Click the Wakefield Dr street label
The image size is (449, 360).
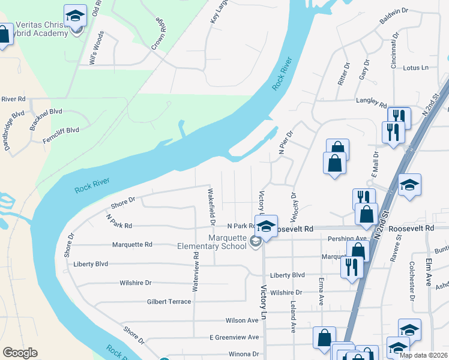(x=211, y=205)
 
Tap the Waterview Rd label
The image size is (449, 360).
(x=195, y=272)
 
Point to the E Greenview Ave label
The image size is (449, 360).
(x=234, y=337)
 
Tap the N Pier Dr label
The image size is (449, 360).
(x=285, y=143)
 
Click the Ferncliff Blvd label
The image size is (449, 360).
(x=61, y=130)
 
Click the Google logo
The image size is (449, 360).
(x=20, y=353)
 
